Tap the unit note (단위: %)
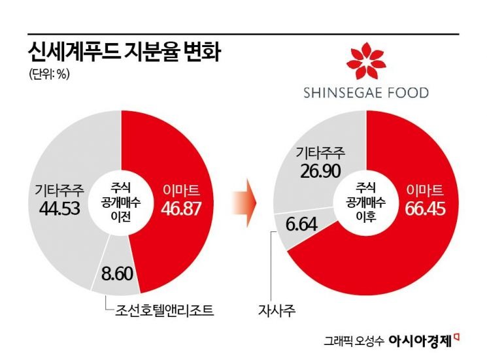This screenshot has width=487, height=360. click(x=49, y=74)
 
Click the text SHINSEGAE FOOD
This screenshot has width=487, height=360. click(x=366, y=93)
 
